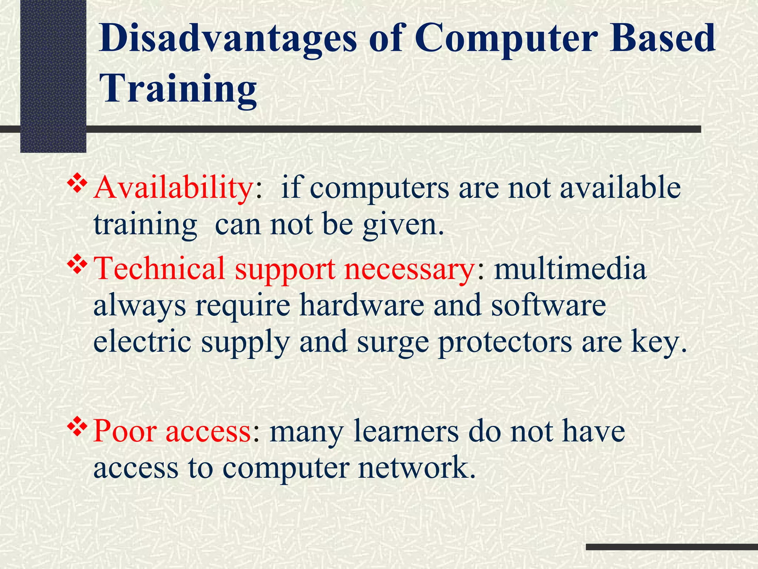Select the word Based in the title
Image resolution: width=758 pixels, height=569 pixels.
coord(663,38)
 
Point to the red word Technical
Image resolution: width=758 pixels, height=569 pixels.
coord(160,268)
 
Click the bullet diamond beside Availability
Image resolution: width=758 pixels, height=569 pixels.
coord(77,184)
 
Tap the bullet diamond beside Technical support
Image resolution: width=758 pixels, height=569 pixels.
coord(77,265)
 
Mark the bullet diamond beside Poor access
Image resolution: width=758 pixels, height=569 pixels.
coord(77,427)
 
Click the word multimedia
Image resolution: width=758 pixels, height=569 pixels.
coord(570,268)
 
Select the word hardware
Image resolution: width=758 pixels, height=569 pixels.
coord(362,305)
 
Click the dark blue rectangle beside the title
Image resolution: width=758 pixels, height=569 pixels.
coord(53,76)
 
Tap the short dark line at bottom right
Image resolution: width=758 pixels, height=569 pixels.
coord(671,547)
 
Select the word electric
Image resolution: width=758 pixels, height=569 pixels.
coord(142,342)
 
